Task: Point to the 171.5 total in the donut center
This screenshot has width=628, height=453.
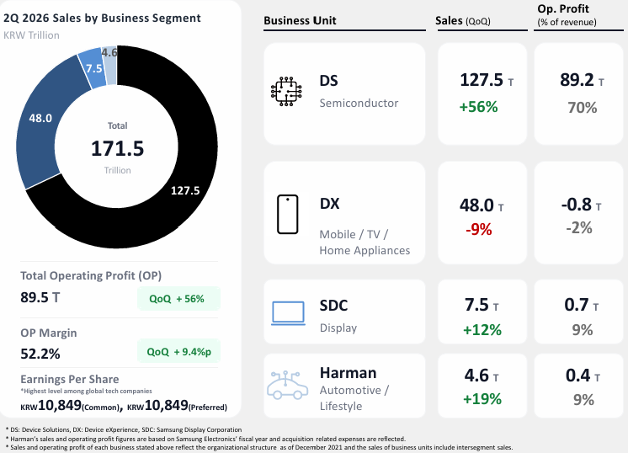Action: click(x=117, y=148)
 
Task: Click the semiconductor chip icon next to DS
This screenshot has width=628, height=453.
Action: click(x=286, y=91)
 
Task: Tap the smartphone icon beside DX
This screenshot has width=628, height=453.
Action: click(x=288, y=214)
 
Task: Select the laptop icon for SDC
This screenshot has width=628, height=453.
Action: click(x=288, y=313)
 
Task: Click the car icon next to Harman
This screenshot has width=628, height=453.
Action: click(x=287, y=386)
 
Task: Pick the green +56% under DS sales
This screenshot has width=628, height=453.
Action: click(x=478, y=107)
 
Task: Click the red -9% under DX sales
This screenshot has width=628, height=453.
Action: click(x=479, y=230)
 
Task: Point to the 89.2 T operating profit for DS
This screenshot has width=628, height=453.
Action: click(x=582, y=80)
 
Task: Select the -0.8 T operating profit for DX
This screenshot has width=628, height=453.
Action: click(x=581, y=205)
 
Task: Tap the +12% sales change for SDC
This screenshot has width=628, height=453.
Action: click(x=482, y=330)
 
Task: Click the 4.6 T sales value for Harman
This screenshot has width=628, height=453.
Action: click(x=482, y=376)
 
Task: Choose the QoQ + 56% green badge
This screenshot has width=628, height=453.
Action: click(x=178, y=299)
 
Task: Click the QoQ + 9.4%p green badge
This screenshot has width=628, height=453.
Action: click(x=178, y=352)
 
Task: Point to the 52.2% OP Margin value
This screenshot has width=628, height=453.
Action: click(x=40, y=354)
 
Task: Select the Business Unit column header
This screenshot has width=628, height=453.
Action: click(x=300, y=20)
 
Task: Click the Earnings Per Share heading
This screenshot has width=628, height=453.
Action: click(x=70, y=379)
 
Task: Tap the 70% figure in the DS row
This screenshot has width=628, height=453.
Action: click(x=583, y=107)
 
